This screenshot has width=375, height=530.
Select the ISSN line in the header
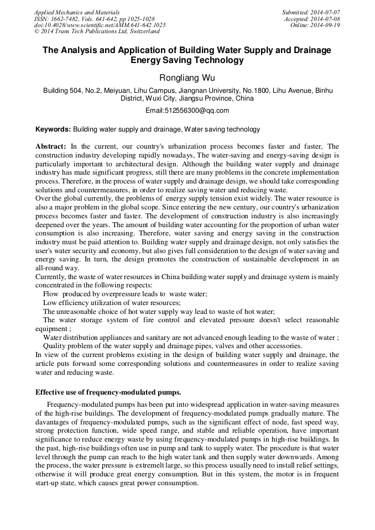pyautogui.click(x=94, y=19)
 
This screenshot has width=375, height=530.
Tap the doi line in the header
pyautogui.click(x=100, y=25)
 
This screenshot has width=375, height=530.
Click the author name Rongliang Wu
pyautogui.click(x=187, y=78)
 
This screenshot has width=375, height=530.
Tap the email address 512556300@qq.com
pyautogui.click(x=187, y=111)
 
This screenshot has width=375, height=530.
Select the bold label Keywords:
pyautogui.click(x=53, y=129)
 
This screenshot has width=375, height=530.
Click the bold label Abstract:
pyautogui.click(x=51, y=146)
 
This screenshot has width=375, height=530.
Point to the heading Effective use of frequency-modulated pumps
pyautogui.click(x=108, y=392)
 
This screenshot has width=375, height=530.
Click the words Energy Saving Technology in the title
pyautogui.click(x=187, y=60)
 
